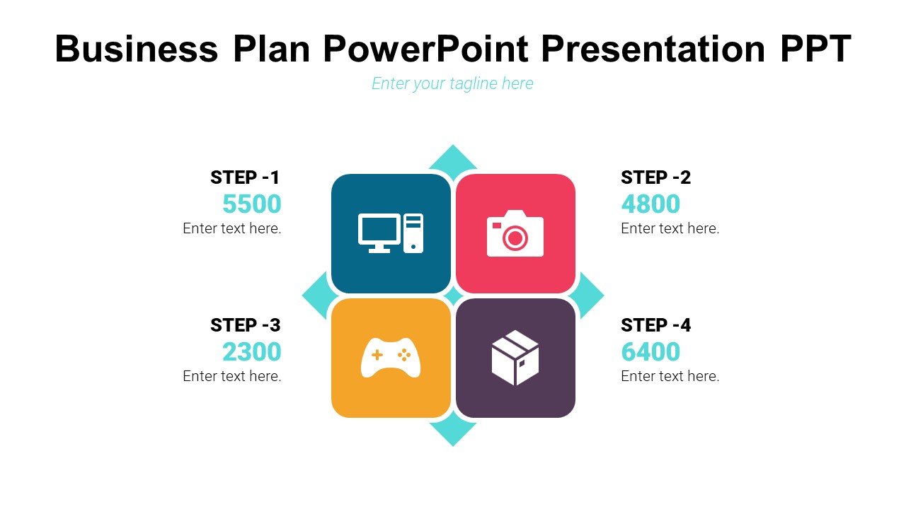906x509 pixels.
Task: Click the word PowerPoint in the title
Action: [x=426, y=49]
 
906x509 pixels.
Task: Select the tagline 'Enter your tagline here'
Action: [x=452, y=83]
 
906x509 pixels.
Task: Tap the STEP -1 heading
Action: [x=245, y=177]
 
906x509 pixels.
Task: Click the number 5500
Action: [x=251, y=204]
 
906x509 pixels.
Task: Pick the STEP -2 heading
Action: [x=655, y=177]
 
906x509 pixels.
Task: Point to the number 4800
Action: [x=650, y=204]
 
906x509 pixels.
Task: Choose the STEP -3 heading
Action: [x=245, y=325]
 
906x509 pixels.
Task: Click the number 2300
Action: [x=251, y=351]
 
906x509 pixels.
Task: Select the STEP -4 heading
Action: [x=655, y=325]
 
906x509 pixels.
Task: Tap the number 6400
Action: [x=650, y=351]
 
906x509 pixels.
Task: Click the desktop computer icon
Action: [x=391, y=233]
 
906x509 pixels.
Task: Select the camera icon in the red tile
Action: [x=515, y=233]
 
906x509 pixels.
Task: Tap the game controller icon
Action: [x=391, y=358]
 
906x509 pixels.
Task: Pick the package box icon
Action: [x=515, y=358]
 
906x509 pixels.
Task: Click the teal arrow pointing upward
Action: [x=453, y=160]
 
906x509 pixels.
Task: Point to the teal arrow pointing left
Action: [x=318, y=296]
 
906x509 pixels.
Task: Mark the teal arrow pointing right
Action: [x=589, y=296]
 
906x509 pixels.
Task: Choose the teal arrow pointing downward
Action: [x=453, y=431]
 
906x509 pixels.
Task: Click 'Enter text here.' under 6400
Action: [x=670, y=376]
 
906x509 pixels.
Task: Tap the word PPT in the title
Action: [x=816, y=49]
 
